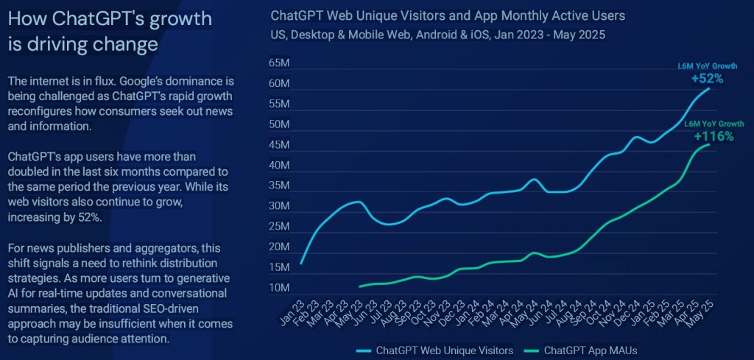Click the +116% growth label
click(713, 136)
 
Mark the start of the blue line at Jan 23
click(301, 263)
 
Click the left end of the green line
click(359, 286)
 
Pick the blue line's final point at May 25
click(709, 88)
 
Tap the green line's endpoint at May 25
click(709, 144)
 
